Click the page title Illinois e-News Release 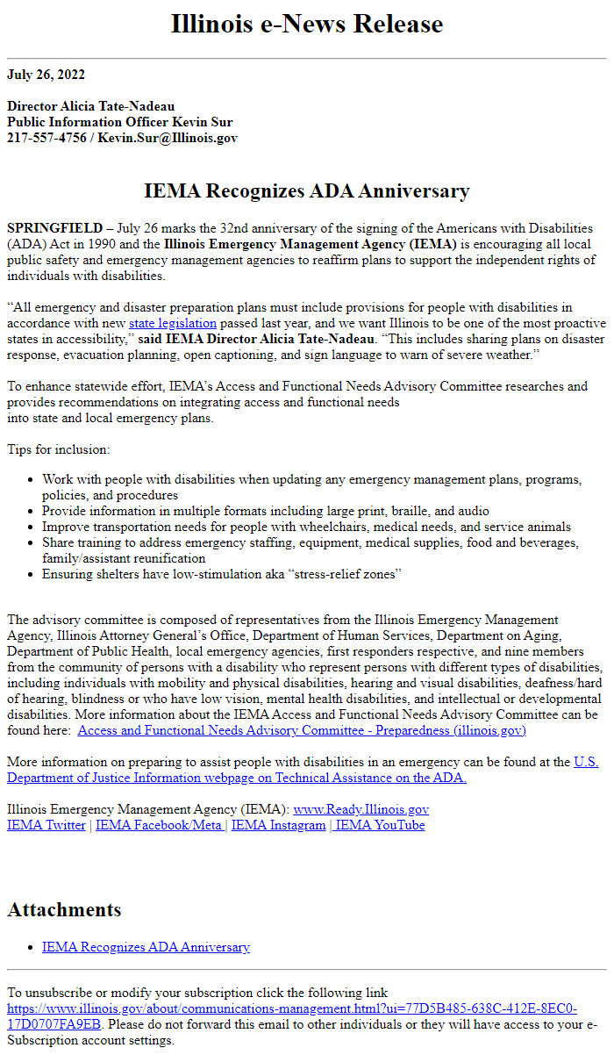307,24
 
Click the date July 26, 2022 46,74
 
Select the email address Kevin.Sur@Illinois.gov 168,138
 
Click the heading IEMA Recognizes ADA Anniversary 307,190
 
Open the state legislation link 172,323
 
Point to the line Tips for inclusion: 59,449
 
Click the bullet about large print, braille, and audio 266,511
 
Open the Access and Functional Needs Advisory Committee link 302,730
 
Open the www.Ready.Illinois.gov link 361,809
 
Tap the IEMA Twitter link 46,825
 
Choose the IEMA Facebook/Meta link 159,825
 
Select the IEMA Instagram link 278,825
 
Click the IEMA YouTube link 381,825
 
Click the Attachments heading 64,909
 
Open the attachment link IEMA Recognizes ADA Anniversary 146,947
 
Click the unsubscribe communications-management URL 292,1008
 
